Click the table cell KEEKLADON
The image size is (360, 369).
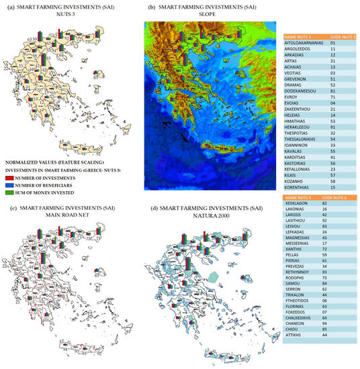pyautogui.click(x=300, y=203)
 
